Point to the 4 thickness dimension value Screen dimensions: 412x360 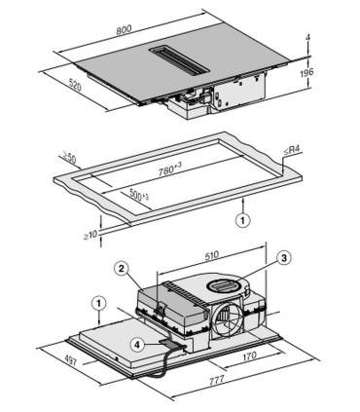point(307,40)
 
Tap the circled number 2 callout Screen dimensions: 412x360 point(122,267)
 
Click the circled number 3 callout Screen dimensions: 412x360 point(283,257)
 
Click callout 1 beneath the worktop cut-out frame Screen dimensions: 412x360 point(238,221)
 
